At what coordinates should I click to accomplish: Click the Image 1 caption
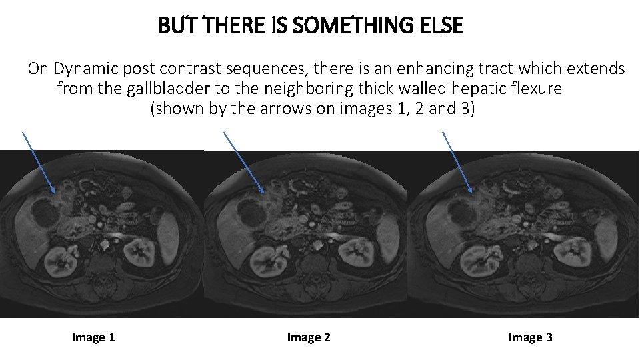coord(93,337)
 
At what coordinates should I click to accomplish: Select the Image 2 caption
coord(309,337)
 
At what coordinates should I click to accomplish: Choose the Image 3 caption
coord(530,337)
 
